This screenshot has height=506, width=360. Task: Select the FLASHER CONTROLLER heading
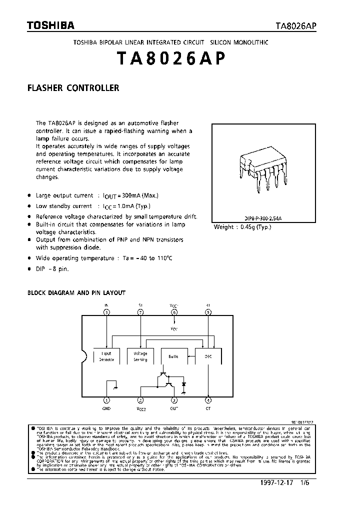(73, 88)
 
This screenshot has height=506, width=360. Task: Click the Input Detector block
(106, 356)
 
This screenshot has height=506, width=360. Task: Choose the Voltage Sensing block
(140, 356)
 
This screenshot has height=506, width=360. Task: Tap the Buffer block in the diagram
(173, 356)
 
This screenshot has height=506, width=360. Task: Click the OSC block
(208, 356)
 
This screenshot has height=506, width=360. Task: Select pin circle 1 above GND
(106, 400)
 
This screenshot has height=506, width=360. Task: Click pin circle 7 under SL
(140, 312)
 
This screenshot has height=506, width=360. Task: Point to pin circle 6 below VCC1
(174, 312)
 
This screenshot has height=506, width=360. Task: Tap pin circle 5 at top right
(208, 312)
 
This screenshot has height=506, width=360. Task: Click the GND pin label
(106, 408)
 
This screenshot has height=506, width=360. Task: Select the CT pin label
(208, 408)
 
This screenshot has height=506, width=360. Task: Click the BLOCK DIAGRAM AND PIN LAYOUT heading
(76, 292)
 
